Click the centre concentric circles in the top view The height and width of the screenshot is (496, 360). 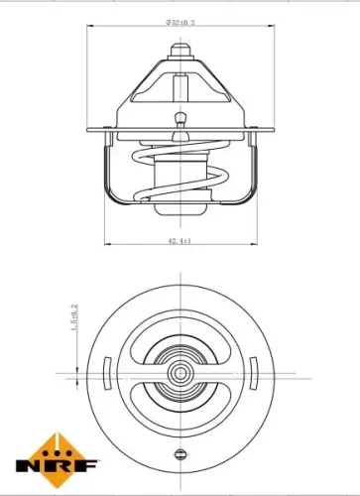pyautogui.click(x=180, y=375)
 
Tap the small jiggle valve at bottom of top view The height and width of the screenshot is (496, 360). pyautogui.click(x=180, y=454)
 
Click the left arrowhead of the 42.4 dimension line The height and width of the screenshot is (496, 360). pyautogui.click(x=106, y=244)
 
